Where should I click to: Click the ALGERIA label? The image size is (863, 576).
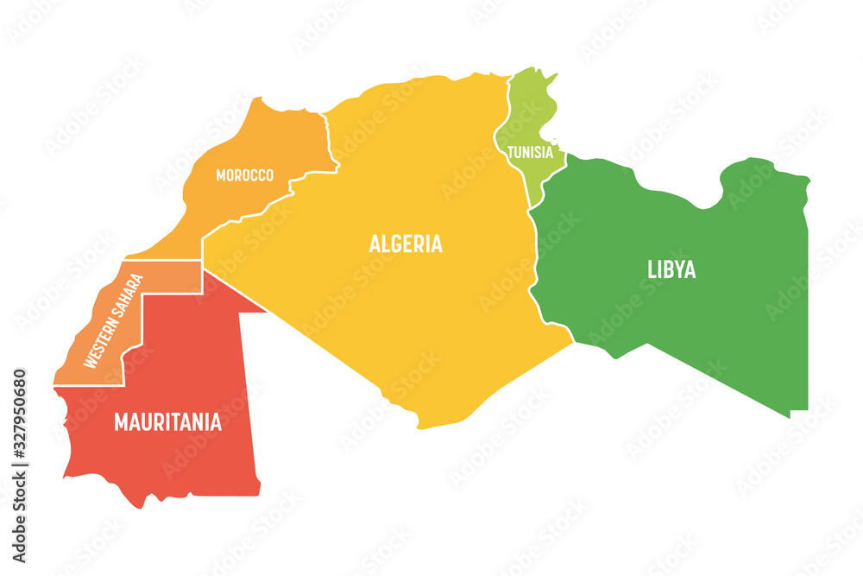tap(406, 244)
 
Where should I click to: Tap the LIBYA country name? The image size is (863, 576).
tap(671, 269)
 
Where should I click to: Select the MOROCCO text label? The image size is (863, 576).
tap(244, 175)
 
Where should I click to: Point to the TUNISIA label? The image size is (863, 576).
tap(530, 153)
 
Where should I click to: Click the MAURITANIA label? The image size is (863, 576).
tap(167, 422)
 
